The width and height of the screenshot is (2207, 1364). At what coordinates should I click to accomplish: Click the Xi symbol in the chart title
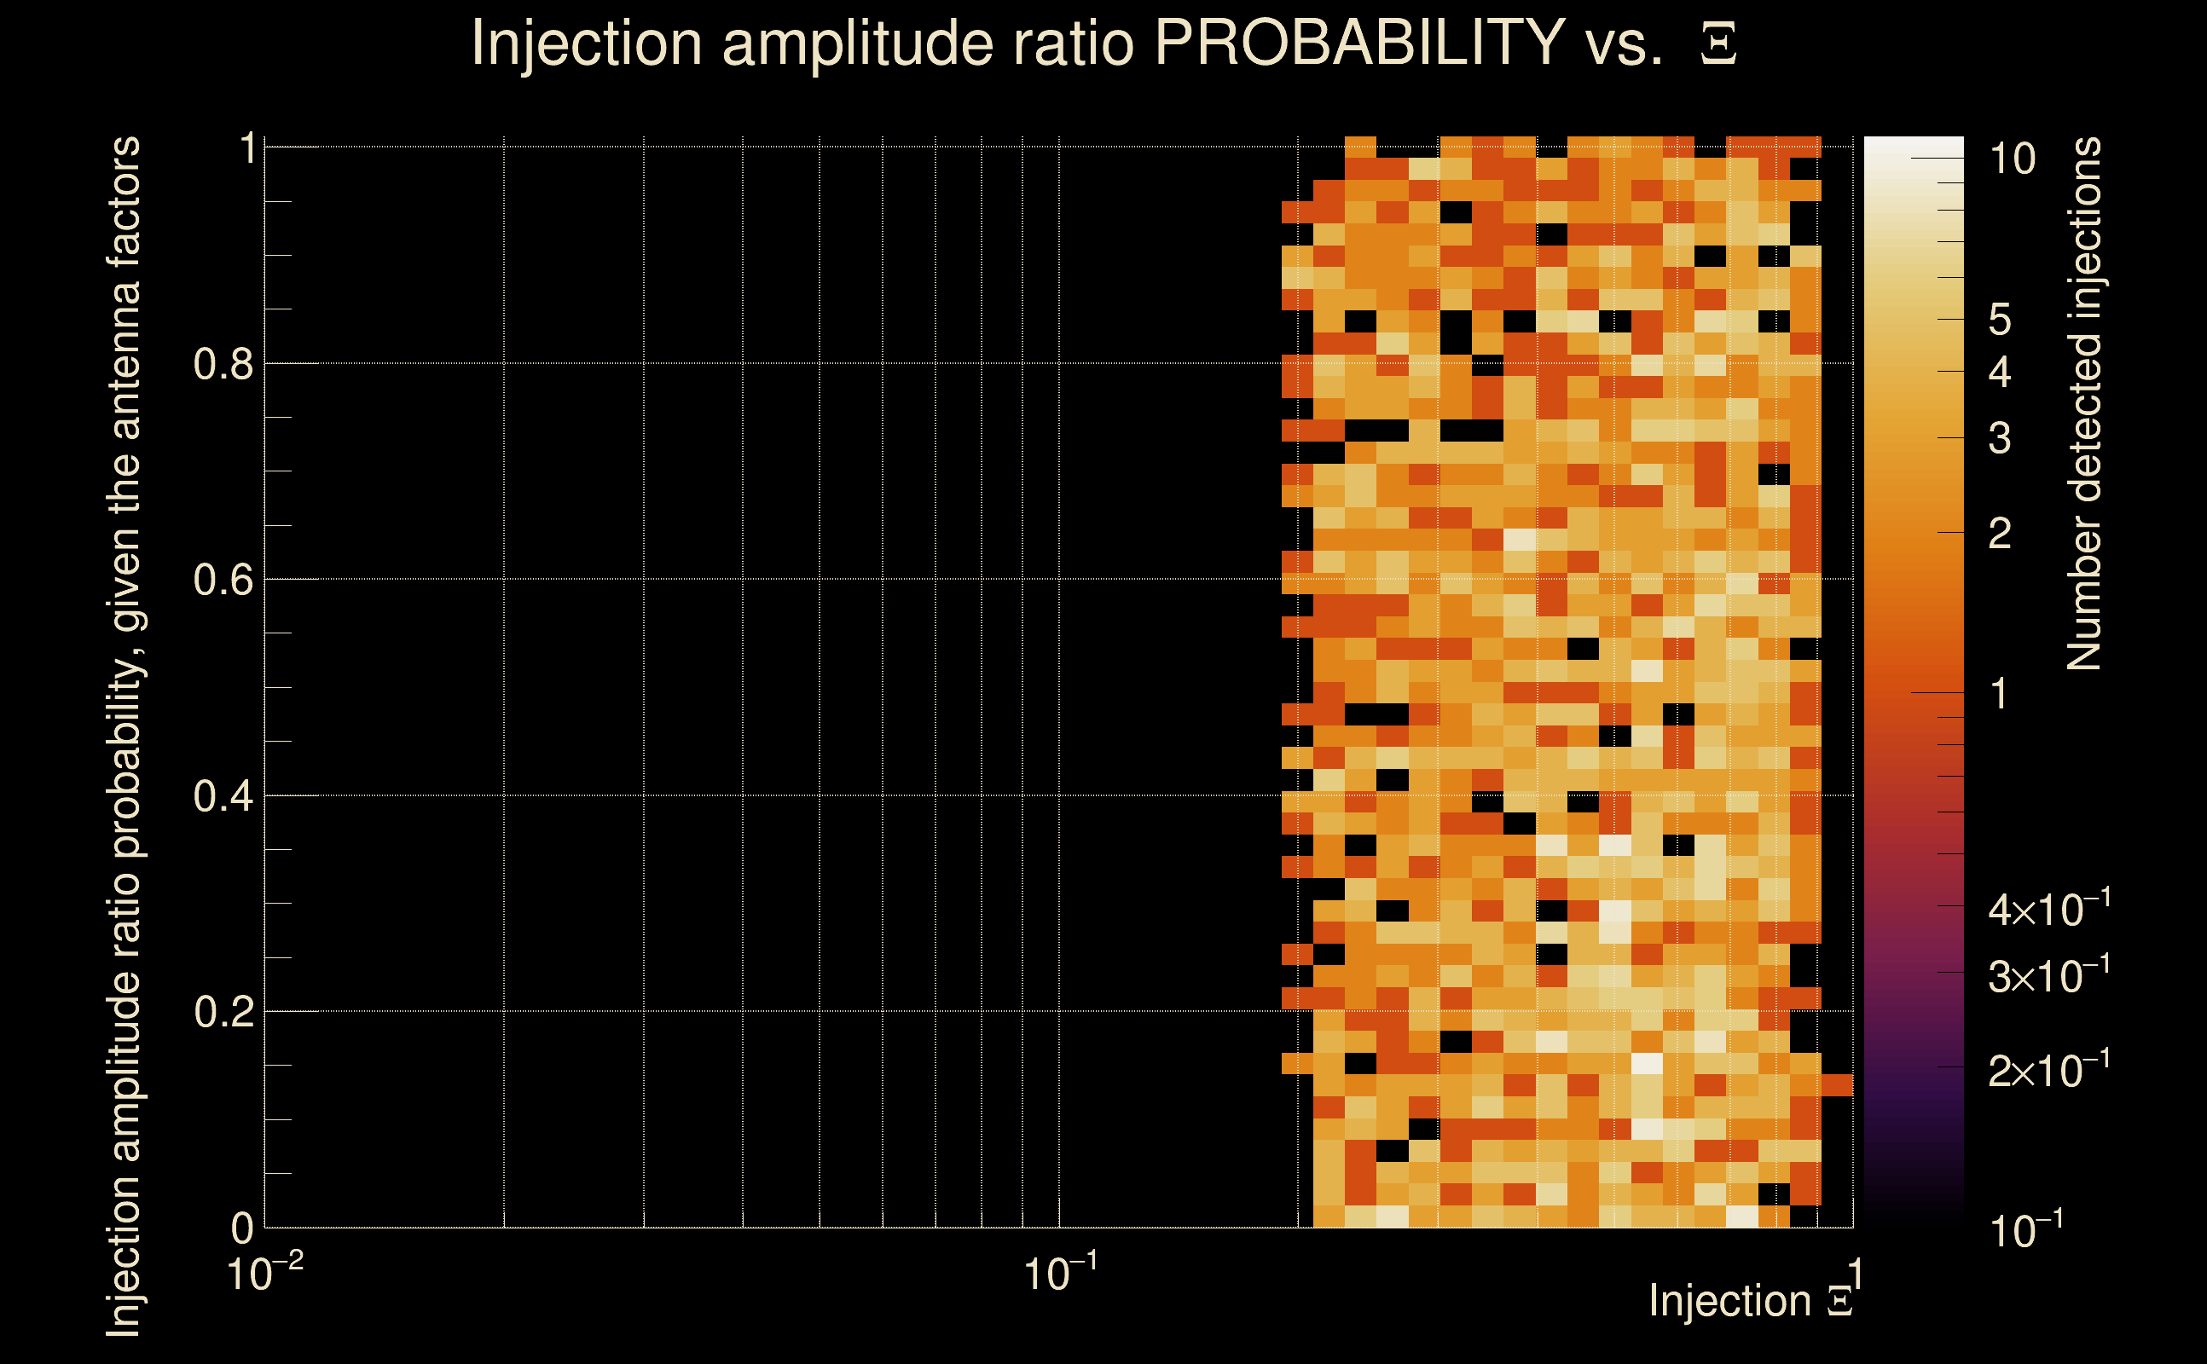point(1718,44)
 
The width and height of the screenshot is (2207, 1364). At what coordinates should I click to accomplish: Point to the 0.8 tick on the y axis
point(223,365)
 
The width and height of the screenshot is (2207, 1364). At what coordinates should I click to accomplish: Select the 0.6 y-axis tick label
point(223,580)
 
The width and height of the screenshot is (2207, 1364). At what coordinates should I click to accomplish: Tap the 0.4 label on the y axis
point(223,796)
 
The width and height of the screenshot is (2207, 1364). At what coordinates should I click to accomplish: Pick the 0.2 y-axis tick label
point(223,1012)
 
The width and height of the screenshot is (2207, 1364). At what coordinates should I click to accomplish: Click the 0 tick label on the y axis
point(242,1228)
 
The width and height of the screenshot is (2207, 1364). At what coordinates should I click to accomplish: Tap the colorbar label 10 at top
point(2012,159)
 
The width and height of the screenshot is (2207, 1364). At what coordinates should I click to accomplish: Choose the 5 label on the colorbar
point(2000,321)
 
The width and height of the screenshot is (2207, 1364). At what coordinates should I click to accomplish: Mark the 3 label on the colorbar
point(2000,438)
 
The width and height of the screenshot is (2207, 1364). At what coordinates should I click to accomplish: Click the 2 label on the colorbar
point(2000,534)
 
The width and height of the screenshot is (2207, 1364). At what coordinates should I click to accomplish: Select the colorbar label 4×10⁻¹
point(2049,910)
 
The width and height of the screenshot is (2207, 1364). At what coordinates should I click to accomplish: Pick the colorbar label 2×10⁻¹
point(2049,1071)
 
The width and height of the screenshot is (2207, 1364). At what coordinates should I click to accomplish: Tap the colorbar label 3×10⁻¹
point(2049,976)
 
